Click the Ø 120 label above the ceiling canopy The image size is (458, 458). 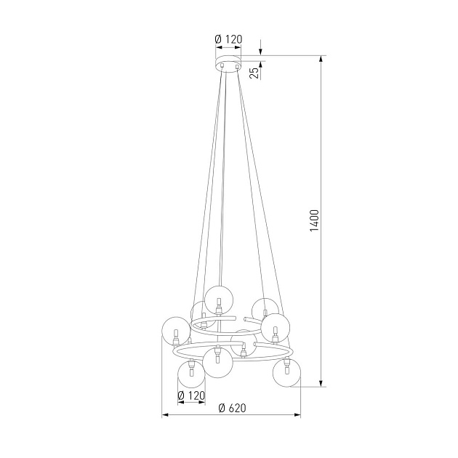click(x=228, y=39)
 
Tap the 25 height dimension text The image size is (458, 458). click(x=254, y=71)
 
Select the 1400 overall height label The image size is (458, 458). click(x=314, y=220)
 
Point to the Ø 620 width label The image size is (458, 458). click(x=231, y=408)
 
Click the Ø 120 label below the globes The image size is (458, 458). click(x=191, y=396)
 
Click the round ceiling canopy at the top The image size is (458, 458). click(x=228, y=65)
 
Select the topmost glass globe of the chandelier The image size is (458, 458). click(x=218, y=299)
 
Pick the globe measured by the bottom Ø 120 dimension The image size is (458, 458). click(x=191, y=375)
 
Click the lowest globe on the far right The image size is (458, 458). click(x=286, y=374)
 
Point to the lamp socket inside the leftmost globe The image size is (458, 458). click(x=175, y=336)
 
